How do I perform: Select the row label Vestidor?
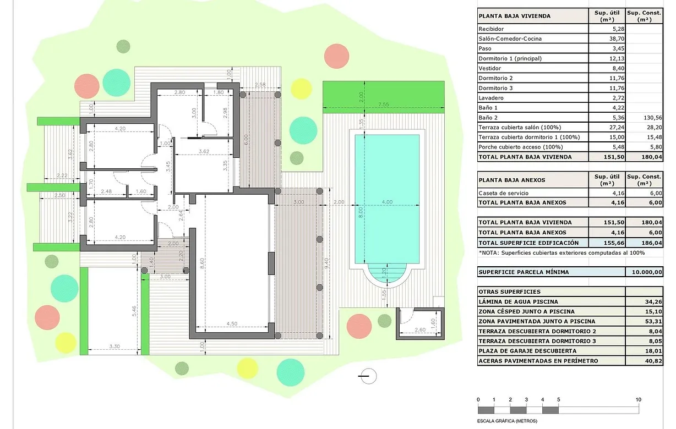point(490,68)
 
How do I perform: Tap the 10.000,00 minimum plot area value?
point(645,272)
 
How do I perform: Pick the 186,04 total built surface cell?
point(645,243)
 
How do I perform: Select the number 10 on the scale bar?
point(638,399)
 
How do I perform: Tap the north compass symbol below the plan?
point(368,376)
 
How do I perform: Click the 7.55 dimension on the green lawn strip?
point(383,105)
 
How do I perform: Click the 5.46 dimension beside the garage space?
point(134,311)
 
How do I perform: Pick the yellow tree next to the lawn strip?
point(301,89)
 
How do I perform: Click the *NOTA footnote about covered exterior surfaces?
point(561,252)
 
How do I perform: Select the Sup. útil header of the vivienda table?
point(607,15)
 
